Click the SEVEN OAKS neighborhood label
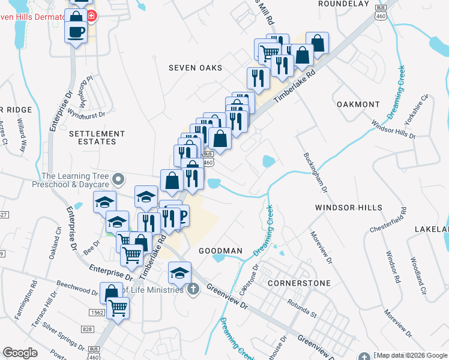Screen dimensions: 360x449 click(x=195, y=68)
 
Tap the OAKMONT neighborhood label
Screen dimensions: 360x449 click(x=358, y=104)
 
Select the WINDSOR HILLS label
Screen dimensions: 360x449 click(x=348, y=208)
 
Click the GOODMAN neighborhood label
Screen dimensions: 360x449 click(x=220, y=251)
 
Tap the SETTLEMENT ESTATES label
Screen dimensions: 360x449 click(x=97, y=137)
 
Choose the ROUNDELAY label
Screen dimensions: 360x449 click(x=342, y=3)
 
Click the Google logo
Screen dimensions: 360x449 click(x=20, y=353)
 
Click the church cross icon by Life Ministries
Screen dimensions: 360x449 click(x=193, y=290)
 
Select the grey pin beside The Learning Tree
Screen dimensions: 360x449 click(x=119, y=178)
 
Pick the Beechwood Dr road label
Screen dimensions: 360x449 click(x=77, y=287)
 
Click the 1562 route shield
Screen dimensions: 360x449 click(x=97, y=313)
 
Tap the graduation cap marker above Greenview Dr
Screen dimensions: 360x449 click(x=179, y=273)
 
